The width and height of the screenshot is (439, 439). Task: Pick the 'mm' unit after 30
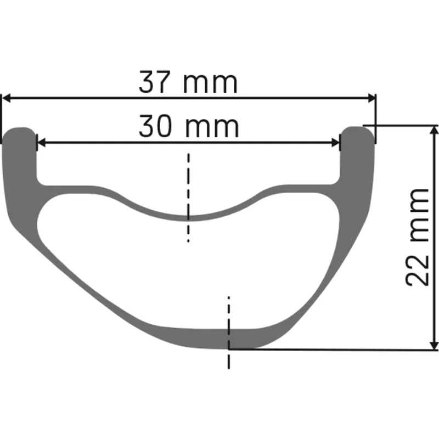tap(212, 128)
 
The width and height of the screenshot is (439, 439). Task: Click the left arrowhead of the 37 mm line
tap(7, 98)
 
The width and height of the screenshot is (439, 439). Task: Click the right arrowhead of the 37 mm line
tap(372, 98)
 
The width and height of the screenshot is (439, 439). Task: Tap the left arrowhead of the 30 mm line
tap(41, 143)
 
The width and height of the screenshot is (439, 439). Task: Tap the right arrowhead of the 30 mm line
tap(336, 143)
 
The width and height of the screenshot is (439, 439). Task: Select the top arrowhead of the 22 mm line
tap(435, 130)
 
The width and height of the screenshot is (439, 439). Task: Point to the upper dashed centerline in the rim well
tap(188, 198)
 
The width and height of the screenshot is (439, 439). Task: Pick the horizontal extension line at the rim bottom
tap(329, 350)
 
